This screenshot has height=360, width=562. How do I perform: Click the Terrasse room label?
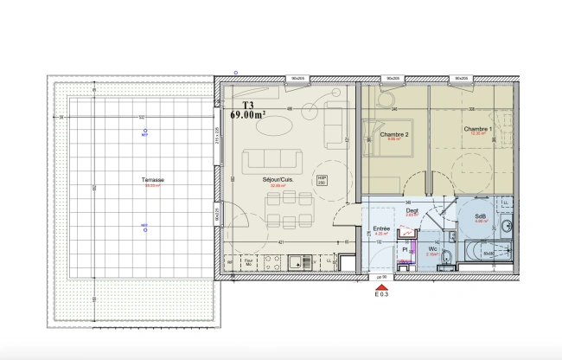tap(156, 180)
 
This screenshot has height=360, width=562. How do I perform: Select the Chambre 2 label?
tap(394, 135)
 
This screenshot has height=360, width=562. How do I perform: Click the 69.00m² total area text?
tap(247, 113)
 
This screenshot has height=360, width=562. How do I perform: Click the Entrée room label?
tap(381, 229)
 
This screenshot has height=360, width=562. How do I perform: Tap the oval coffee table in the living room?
tap(277, 126)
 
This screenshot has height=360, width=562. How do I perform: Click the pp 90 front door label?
tap(381, 278)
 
